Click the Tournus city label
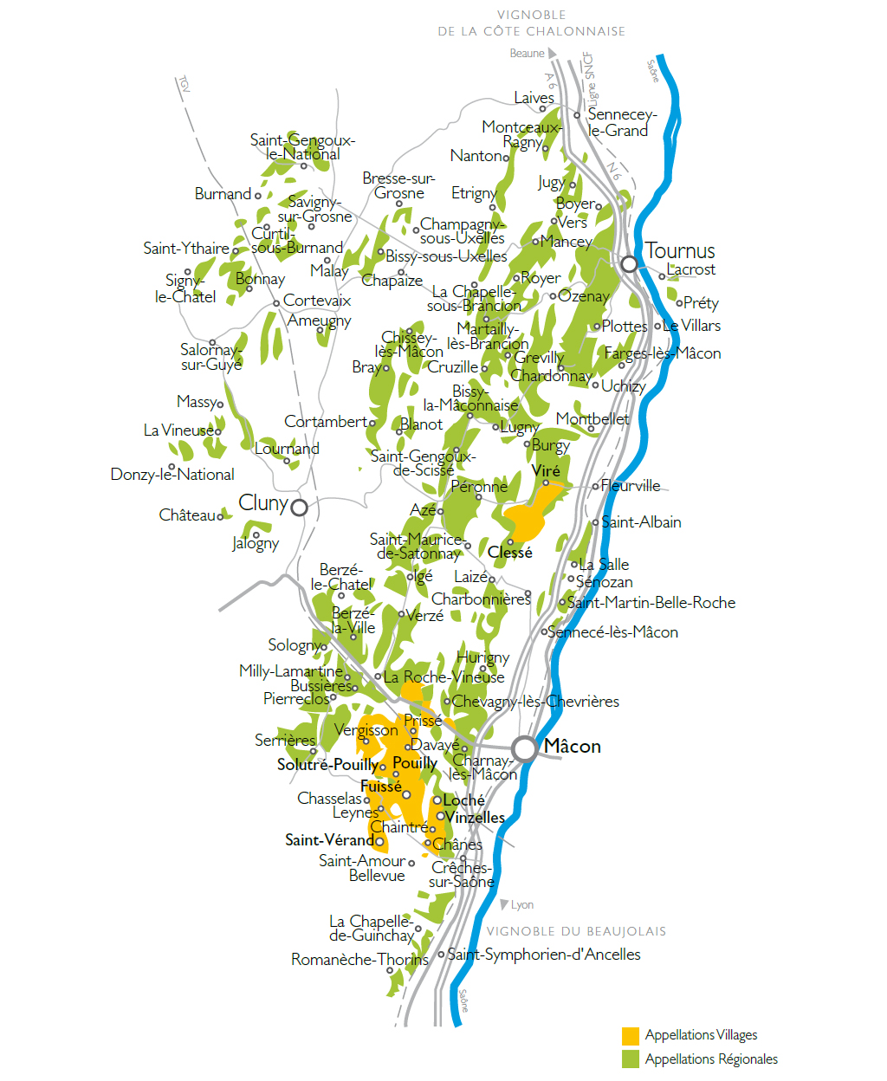click(680, 251)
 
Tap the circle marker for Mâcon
click(524, 748)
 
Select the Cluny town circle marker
click(299, 508)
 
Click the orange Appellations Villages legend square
click(631, 1036)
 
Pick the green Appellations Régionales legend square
click(631, 1059)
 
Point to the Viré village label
click(546, 471)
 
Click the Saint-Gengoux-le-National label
click(302, 147)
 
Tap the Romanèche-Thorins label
click(359, 960)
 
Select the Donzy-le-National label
click(172, 475)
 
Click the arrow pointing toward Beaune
click(553, 54)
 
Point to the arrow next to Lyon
click(505, 905)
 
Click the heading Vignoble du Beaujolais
click(576, 932)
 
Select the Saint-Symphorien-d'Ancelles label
click(544, 955)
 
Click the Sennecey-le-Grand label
click(620, 122)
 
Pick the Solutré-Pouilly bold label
click(327, 765)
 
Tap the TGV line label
click(184, 84)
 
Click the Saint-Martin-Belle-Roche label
click(651, 603)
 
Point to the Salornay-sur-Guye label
click(210, 357)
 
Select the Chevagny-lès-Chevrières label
click(535, 702)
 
